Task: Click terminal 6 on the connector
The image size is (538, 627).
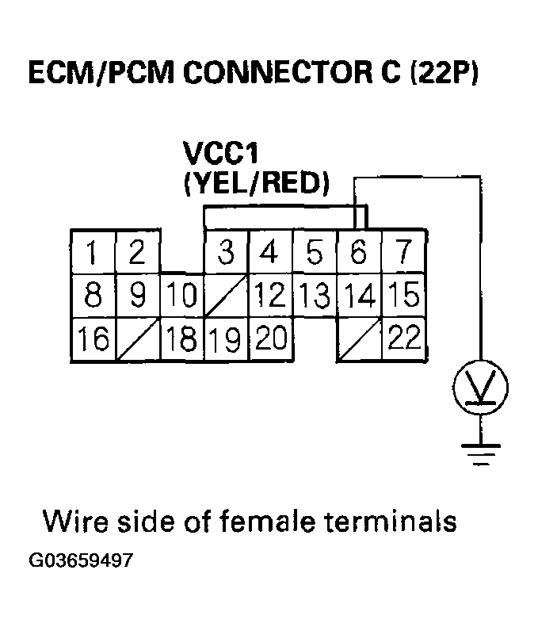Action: (359, 253)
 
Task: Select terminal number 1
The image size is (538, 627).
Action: (93, 253)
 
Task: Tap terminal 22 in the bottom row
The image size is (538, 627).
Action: (403, 339)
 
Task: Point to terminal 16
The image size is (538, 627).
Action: (93, 339)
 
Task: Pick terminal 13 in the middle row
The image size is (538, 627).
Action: (315, 296)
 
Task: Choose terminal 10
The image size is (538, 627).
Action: (181, 296)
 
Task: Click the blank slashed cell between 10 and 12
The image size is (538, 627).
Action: (226, 296)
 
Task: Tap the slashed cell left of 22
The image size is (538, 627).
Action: (359, 339)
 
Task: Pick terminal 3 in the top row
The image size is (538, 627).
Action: (226, 253)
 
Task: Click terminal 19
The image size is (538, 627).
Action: (226, 339)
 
